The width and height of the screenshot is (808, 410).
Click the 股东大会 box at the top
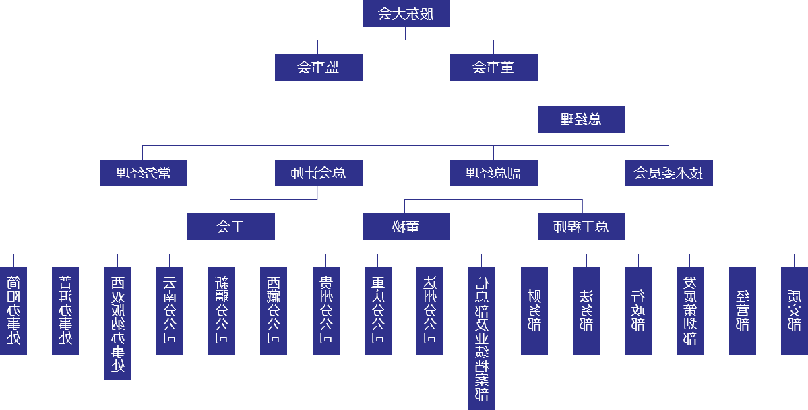[406, 13]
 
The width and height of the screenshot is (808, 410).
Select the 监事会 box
[318, 67]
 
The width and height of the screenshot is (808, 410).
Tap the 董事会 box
[493, 67]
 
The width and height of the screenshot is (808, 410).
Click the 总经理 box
[581, 119]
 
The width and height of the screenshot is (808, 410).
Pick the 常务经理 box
[143, 173]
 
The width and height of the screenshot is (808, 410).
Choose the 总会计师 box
[318, 173]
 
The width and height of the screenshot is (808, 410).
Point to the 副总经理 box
[493, 173]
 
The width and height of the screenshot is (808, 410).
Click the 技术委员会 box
[669, 173]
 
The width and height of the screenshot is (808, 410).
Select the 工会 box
[230, 227]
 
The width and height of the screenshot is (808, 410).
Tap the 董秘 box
[406, 227]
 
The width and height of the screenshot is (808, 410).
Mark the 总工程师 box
[581, 227]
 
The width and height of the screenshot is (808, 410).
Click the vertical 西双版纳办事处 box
[118, 324]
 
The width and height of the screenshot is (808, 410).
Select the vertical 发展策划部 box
[690, 311]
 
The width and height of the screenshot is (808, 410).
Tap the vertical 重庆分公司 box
[377, 311]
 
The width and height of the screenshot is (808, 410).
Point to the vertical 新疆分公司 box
[222, 311]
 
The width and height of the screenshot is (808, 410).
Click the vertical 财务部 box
[534, 311]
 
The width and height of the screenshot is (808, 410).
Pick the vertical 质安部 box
[795, 311]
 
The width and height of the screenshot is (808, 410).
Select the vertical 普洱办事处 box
[65, 311]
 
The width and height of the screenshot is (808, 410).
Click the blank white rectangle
[32, 120]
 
